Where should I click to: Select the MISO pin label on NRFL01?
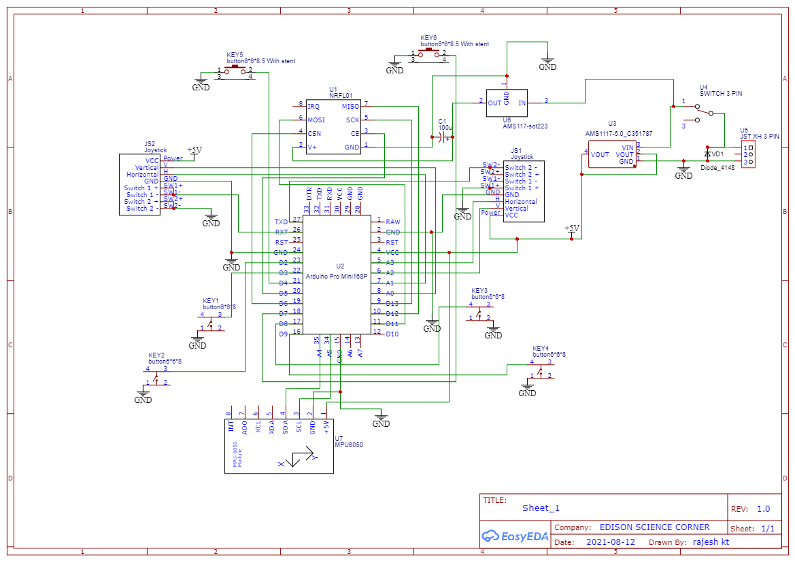[x=351, y=107]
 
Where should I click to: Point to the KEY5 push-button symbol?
[x=235, y=71]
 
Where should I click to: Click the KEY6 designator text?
[x=428, y=37]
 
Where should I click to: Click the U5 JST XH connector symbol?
[x=748, y=155]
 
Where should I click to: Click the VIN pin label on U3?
[x=627, y=147]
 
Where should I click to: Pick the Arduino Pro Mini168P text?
[x=337, y=277]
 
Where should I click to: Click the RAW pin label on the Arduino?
[x=392, y=222]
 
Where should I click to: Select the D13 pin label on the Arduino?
[x=392, y=303]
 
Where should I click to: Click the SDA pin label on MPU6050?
[x=285, y=426]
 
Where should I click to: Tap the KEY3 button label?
[x=479, y=291]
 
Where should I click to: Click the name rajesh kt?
[x=711, y=542]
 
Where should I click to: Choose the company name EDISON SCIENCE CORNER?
[x=654, y=527]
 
